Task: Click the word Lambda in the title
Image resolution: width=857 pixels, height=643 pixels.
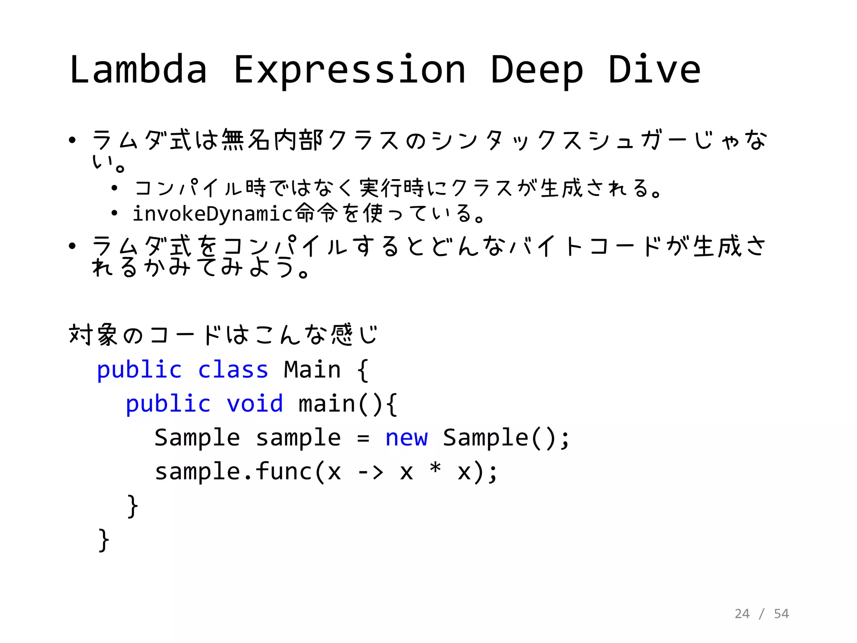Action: pyautogui.click(x=139, y=69)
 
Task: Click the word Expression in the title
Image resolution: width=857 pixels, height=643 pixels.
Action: pyautogui.click(x=350, y=70)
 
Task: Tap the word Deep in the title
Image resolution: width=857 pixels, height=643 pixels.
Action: pyautogui.click(x=537, y=70)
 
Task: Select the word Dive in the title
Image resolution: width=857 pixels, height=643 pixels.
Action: pyautogui.click(x=654, y=69)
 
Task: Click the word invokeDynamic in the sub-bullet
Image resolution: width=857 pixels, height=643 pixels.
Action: pyautogui.click(x=212, y=214)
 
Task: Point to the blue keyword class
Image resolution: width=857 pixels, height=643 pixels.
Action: pyautogui.click(x=233, y=370)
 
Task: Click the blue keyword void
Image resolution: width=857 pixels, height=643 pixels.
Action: pyautogui.click(x=255, y=404)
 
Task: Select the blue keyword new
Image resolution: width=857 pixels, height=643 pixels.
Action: pyautogui.click(x=407, y=438)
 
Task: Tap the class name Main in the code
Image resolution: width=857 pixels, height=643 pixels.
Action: pyautogui.click(x=312, y=370)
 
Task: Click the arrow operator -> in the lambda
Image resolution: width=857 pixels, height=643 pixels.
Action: pyautogui.click(x=371, y=472)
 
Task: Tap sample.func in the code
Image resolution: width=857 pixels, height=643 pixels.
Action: pyautogui.click(x=233, y=472)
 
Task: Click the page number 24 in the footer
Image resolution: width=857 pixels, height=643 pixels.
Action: pyautogui.click(x=742, y=614)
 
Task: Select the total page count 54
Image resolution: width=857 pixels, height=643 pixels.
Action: pyautogui.click(x=781, y=614)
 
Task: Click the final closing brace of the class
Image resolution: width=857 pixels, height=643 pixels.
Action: pyautogui.click(x=103, y=540)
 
